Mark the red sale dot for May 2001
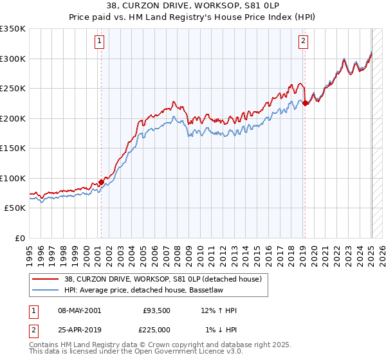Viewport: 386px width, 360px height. click(x=101, y=182)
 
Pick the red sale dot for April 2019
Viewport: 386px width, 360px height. click(x=305, y=104)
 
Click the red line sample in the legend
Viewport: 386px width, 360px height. click(x=46, y=280)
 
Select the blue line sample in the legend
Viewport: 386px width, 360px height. click(x=46, y=291)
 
